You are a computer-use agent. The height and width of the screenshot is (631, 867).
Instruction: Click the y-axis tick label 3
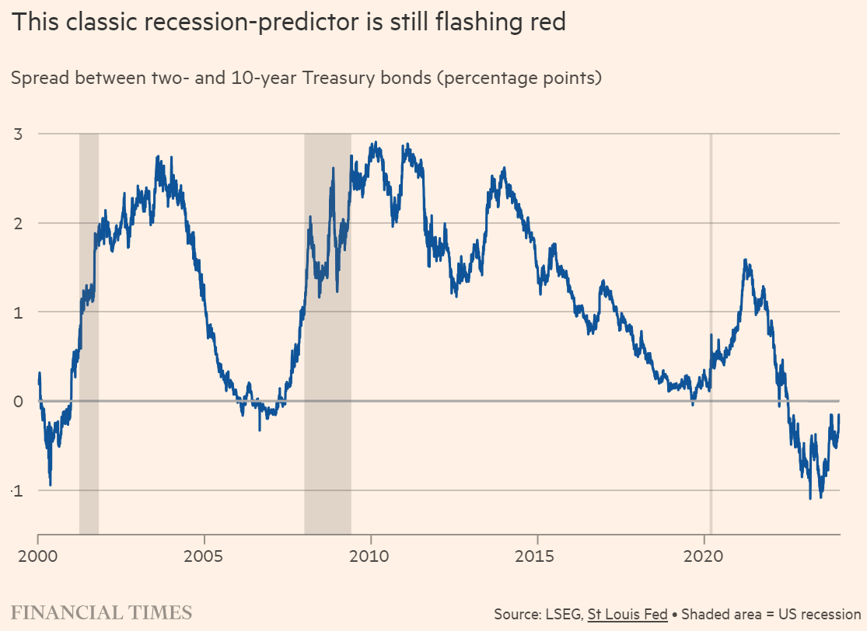pos(16,134)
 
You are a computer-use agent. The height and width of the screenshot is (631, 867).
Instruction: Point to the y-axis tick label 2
pos(16,223)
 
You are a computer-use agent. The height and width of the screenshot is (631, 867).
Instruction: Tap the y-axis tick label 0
pos(16,401)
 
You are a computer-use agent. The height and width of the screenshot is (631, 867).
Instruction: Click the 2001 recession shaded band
pos(89,334)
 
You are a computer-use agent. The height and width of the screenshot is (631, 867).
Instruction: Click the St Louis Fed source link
pos(628,614)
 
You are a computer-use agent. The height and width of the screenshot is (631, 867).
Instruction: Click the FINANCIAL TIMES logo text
pos(101,612)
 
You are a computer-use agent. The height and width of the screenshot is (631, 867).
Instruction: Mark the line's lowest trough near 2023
pos(810,498)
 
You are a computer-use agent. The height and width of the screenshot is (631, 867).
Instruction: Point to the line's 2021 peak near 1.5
pos(746,260)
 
